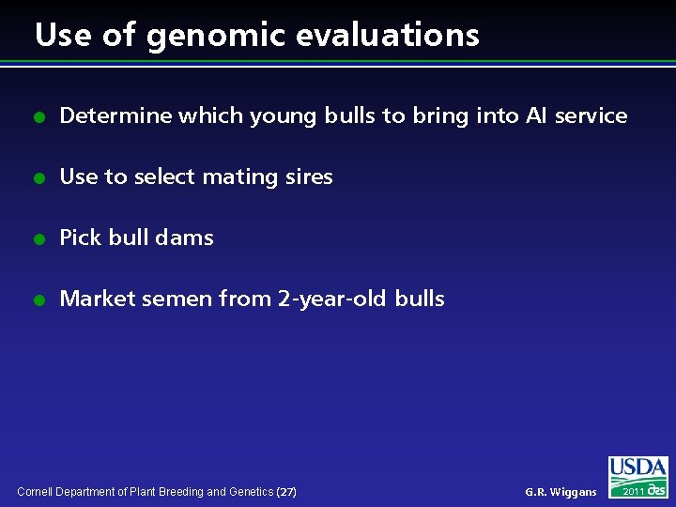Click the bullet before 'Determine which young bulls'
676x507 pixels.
click(38, 117)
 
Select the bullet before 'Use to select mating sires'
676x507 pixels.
click(38, 178)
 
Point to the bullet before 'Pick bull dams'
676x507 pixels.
click(38, 239)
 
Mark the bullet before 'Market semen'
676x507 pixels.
click(38, 300)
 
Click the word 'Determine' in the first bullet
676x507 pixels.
click(115, 116)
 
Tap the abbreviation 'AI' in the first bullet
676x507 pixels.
click(536, 116)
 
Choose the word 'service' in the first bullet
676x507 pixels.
click(591, 116)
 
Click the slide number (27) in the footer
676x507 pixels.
click(287, 492)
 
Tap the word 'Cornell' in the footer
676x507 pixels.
click(37, 492)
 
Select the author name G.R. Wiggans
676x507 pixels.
click(561, 492)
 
